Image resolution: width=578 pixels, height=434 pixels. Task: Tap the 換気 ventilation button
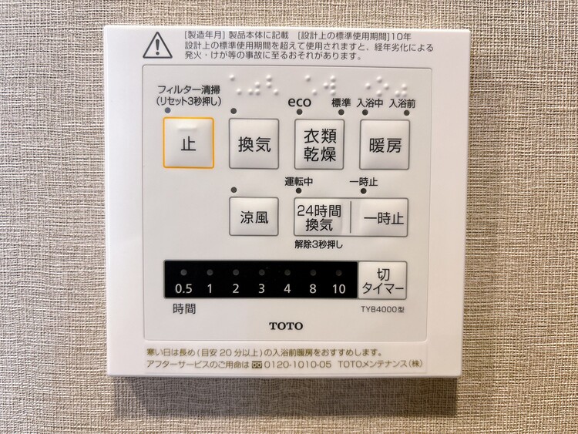[254, 143]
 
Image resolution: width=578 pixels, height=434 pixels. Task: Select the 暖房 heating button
[384, 143]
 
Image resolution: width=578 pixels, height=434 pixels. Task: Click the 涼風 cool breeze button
[254, 217]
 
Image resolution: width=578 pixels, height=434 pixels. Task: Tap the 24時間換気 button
[319, 217]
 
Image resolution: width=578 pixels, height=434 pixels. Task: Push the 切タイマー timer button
[382, 281]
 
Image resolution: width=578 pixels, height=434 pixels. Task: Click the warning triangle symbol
[156, 45]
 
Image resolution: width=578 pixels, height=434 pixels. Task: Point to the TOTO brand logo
[286, 326]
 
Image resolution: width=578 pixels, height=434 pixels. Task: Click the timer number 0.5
[183, 289]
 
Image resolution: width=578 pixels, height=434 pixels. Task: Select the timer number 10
[339, 289]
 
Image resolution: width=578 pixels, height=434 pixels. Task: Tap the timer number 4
[287, 289]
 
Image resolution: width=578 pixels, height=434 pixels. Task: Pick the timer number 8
[313, 289]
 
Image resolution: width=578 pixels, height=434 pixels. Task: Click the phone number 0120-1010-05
[298, 364]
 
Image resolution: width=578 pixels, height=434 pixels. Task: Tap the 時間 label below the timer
[184, 310]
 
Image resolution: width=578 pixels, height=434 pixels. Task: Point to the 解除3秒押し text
[318, 244]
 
